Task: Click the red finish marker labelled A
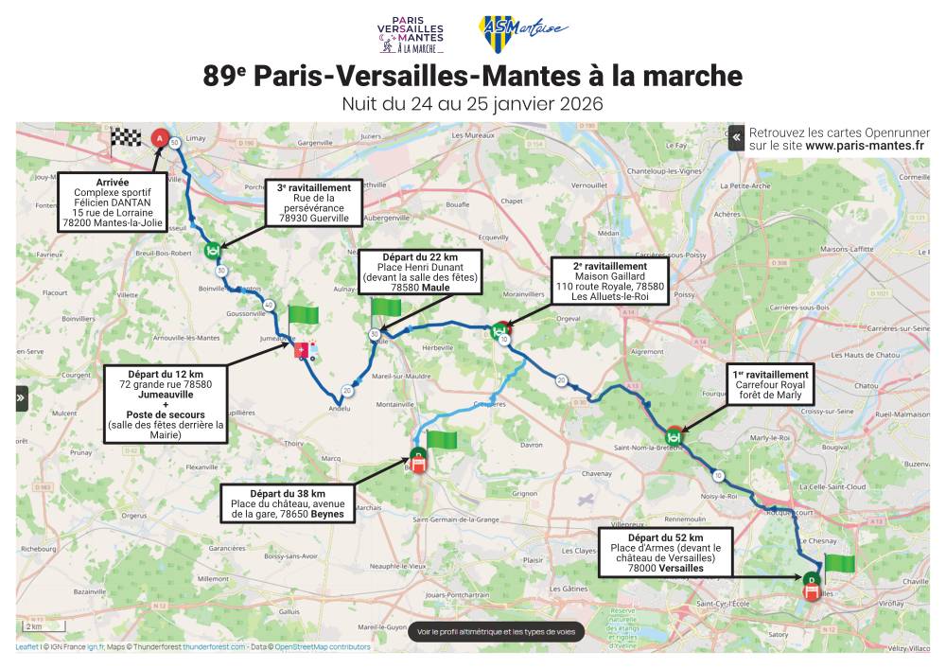click(160, 138)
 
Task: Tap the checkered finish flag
click(125, 140)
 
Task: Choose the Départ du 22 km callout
click(418, 273)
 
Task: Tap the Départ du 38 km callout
click(289, 503)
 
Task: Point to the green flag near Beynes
click(441, 439)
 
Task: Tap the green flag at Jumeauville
click(304, 315)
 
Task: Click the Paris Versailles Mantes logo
click(416, 33)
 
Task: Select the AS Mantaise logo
click(522, 32)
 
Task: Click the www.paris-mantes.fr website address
click(865, 147)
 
